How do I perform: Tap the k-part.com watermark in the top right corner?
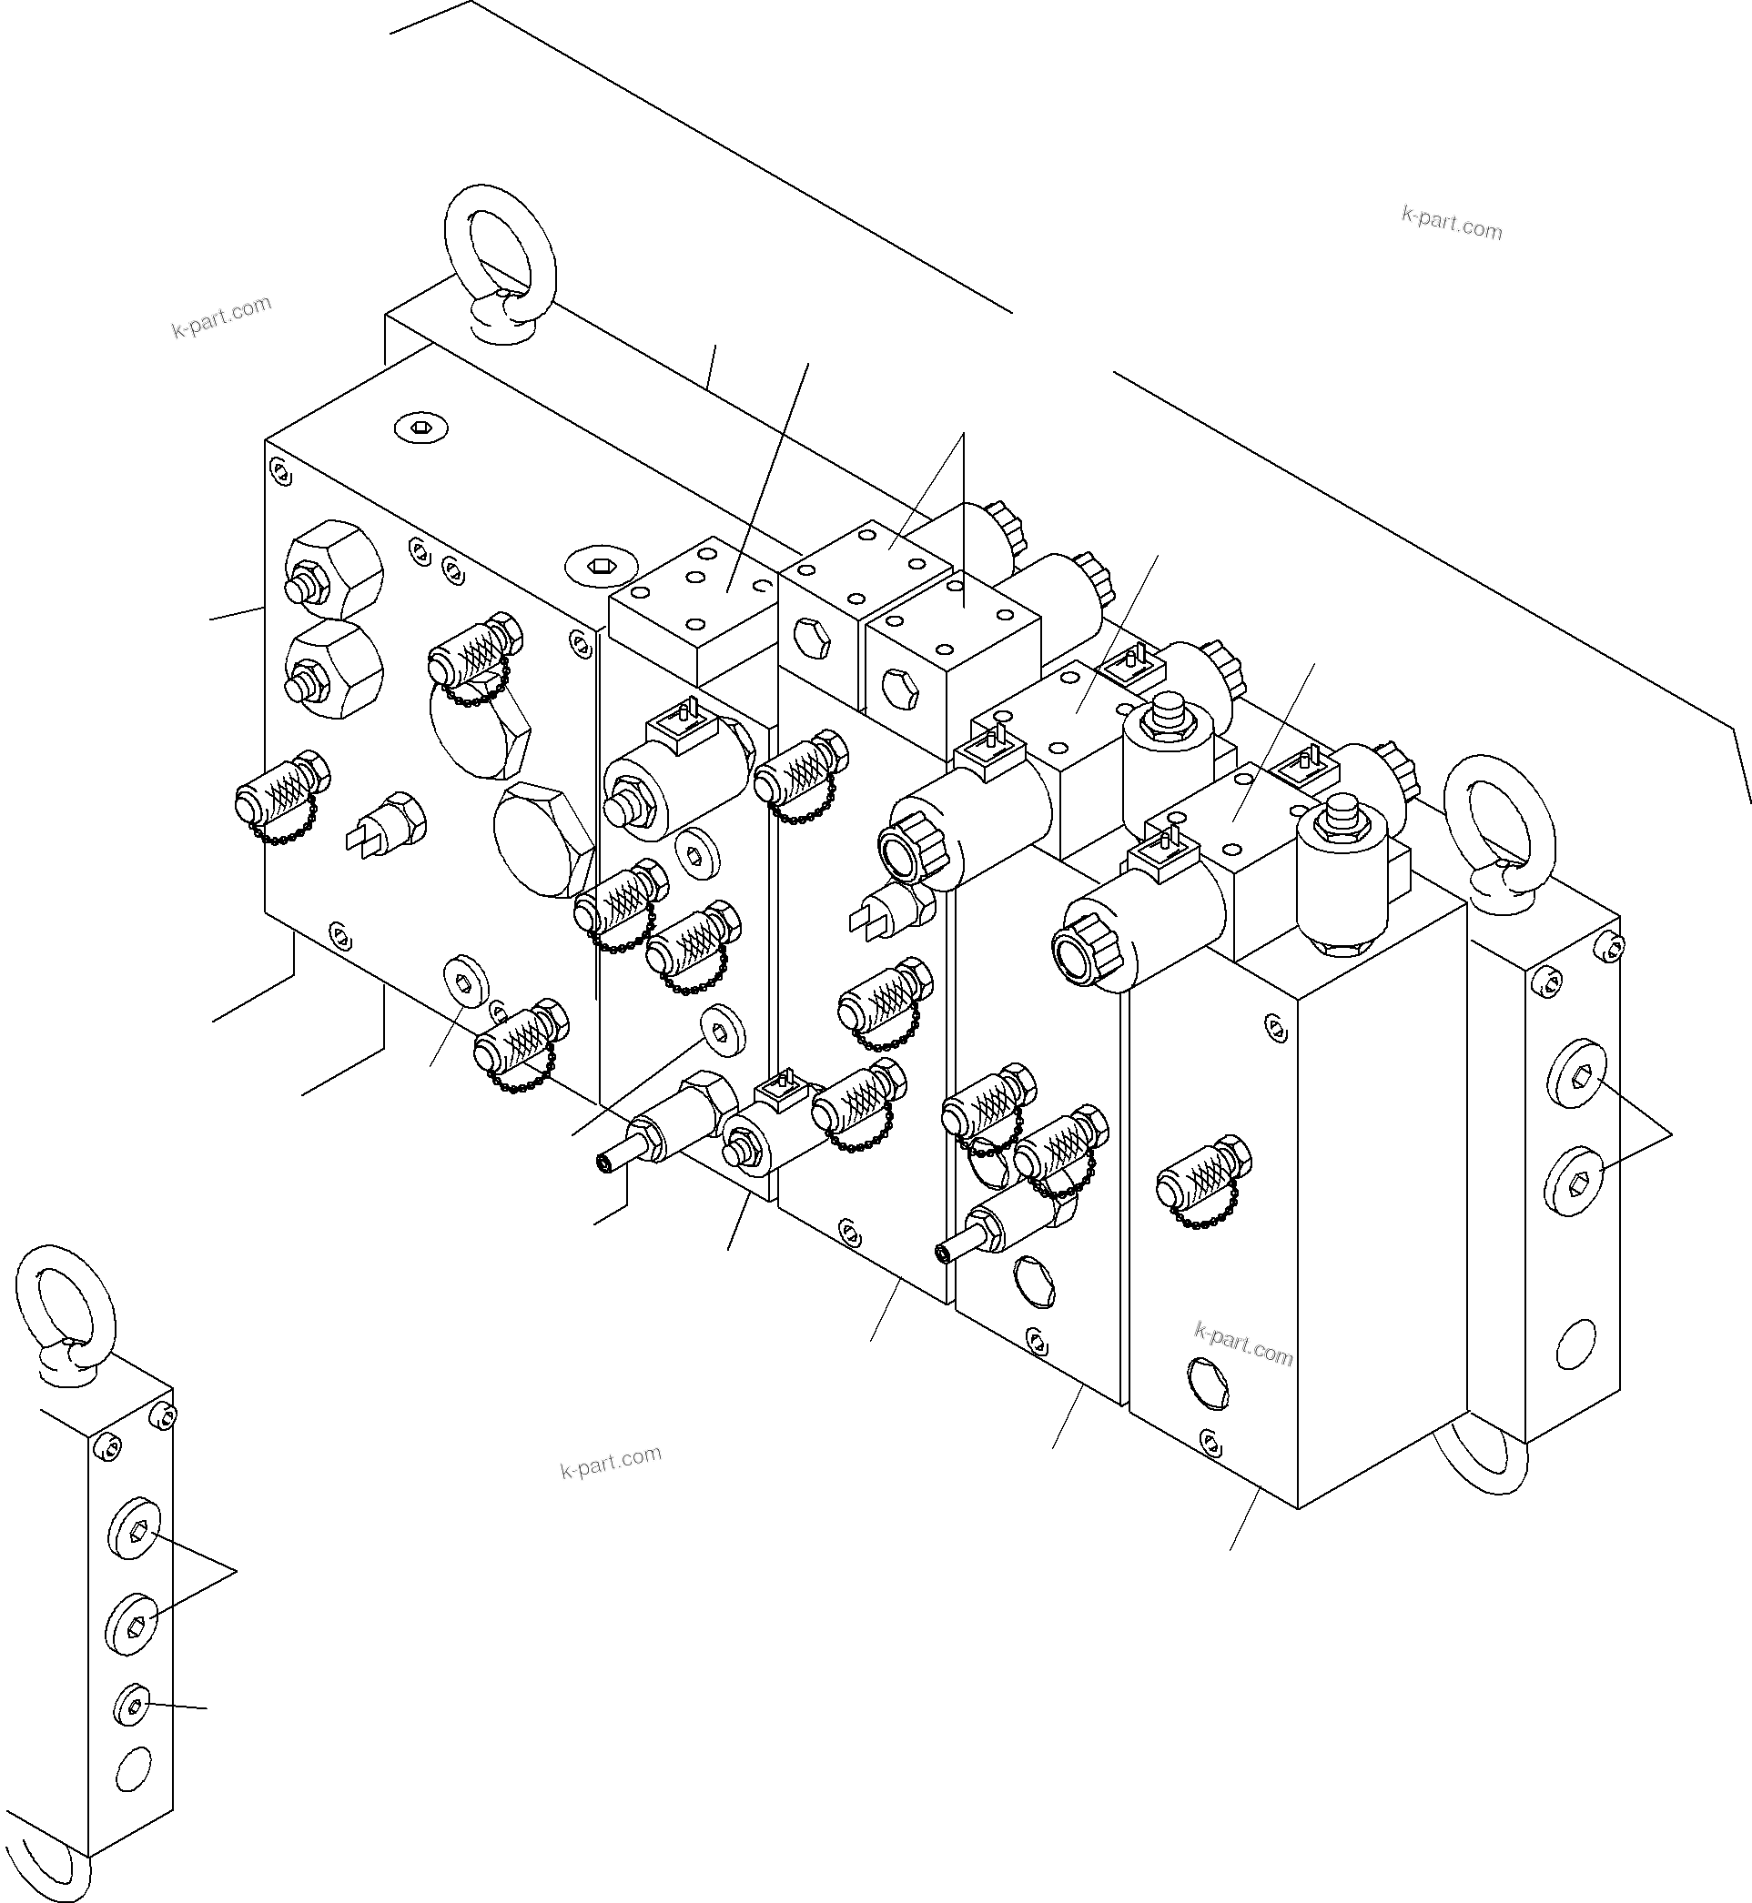(1452, 224)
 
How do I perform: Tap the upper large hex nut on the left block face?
(333, 569)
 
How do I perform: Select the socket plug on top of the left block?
(420, 428)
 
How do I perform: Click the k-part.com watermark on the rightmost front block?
(1244, 1344)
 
